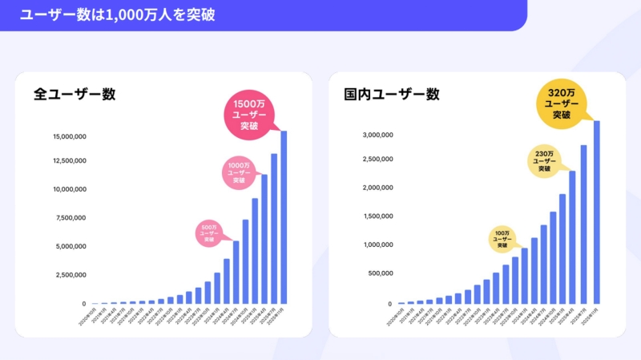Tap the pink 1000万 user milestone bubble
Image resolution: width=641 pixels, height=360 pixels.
[x=239, y=172]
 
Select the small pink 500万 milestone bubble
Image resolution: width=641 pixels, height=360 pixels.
[x=209, y=233]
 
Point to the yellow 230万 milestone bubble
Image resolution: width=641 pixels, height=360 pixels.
[x=544, y=161]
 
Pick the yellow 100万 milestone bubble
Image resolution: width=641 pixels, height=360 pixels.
[x=502, y=238]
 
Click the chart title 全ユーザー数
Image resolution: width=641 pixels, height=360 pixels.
[x=75, y=94]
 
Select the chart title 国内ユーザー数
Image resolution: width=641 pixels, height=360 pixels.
[x=392, y=94]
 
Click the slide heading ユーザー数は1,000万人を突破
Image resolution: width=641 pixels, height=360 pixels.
[x=117, y=14]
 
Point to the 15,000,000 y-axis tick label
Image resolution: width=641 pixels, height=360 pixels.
[x=69, y=137]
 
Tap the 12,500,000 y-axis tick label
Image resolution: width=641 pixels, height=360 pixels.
[x=69, y=161]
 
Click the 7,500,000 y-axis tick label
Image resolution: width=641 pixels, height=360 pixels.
[x=71, y=218]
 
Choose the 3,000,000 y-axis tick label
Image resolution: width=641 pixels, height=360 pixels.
[x=376, y=135]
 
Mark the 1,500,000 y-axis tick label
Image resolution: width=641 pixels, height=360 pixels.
[x=376, y=216]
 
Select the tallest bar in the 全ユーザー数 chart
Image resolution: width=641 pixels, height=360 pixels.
[x=284, y=217]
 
